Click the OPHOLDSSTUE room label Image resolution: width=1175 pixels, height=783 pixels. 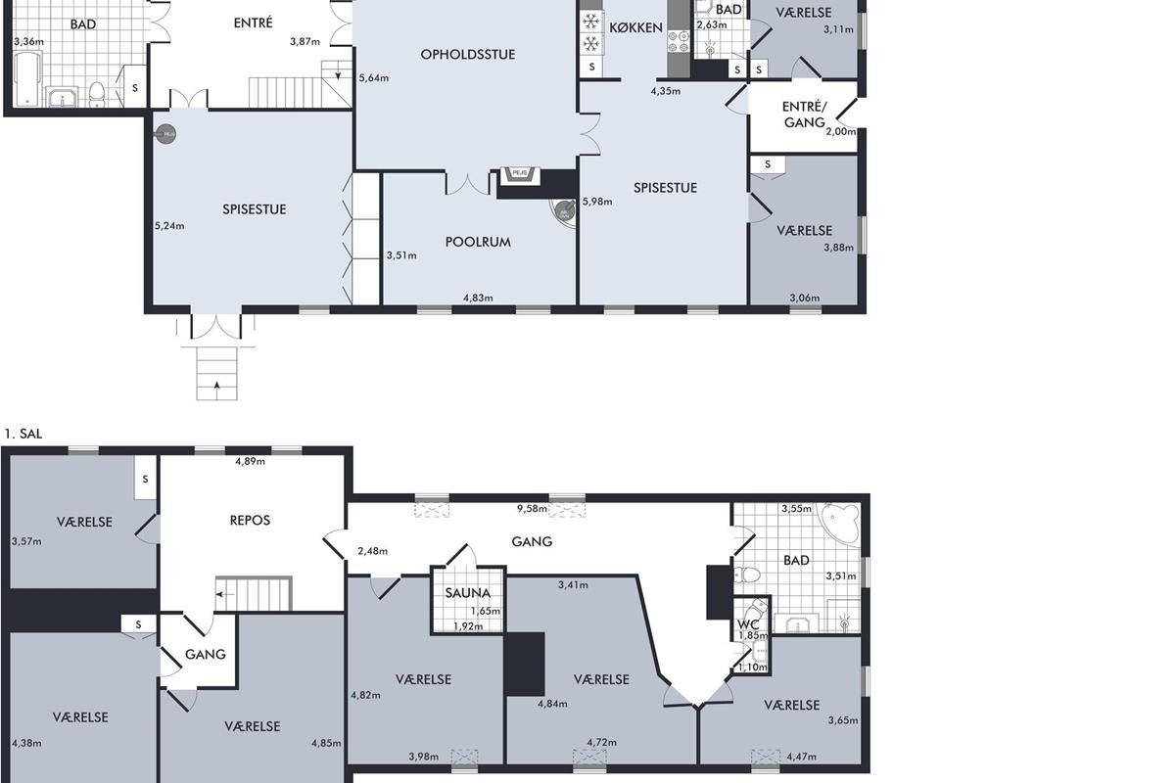pyautogui.click(x=467, y=55)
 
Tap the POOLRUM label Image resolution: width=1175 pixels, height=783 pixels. pyautogui.click(x=478, y=243)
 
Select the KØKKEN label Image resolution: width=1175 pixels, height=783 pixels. pyautogui.click(x=635, y=27)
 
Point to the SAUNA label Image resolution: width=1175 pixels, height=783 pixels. pyautogui.click(x=467, y=593)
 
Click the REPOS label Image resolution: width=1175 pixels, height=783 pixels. pyautogui.click(x=250, y=521)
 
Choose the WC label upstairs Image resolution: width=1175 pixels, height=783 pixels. pyautogui.click(x=748, y=624)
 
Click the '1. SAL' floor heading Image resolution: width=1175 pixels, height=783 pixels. pyautogui.click(x=23, y=434)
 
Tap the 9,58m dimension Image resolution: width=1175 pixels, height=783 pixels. pyautogui.click(x=532, y=509)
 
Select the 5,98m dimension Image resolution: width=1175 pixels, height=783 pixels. pyautogui.click(x=597, y=202)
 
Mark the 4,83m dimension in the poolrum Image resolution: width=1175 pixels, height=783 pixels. pyautogui.click(x=478, y=298)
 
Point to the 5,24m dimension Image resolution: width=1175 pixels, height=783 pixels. pyautogui.click(x=169, y=226)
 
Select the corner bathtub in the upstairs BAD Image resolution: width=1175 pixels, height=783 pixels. pyautogui.click(x=840, y=525)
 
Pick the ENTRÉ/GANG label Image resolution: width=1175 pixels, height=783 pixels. pyautogui.click(x=804, y=115)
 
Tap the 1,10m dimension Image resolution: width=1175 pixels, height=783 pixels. pyautogui.click(x=753, y=668)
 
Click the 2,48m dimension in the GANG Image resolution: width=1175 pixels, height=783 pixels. pyautogui.click(x=372, y=551)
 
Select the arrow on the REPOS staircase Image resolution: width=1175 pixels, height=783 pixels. pyautogui.click(x=225, y=595)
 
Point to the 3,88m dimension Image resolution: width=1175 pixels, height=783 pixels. pyautogui.click(x=838, y=248)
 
